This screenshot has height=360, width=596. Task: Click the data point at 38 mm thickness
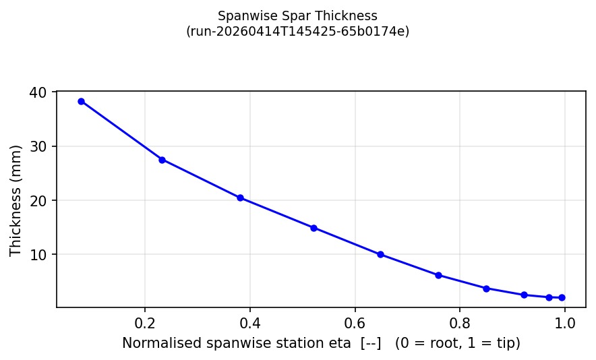tap(81, 101)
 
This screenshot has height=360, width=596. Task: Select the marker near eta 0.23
tap(162, 160)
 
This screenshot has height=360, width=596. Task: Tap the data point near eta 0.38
tap(240, 198)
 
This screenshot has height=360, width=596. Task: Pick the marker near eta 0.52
tap(314, 228)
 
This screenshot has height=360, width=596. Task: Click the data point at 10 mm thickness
tap(380, 254)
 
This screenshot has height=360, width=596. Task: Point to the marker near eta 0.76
tap(438, 275)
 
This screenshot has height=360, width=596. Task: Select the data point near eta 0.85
tap(485, 289)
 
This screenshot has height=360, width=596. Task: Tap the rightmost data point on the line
tap(562, 297)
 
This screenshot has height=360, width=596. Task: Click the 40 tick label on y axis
tap(38, 92)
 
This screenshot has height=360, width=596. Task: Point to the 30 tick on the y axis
tap(38, 146)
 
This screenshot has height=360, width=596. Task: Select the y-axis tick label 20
tap(38, 200)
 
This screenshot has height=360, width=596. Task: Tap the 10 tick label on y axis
tap(38, 254)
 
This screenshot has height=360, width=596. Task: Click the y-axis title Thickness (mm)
tap(16, 200)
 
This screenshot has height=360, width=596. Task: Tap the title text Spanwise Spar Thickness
tap(297, 16)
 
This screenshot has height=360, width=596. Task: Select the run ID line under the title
tap(297, 31)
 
